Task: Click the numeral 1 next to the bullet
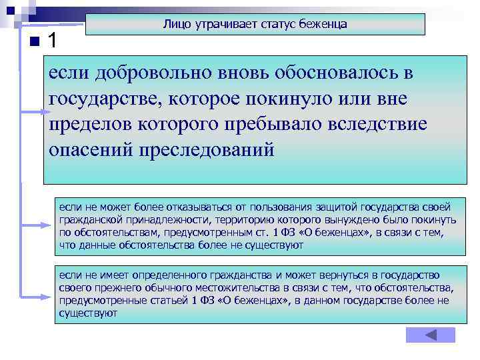54,41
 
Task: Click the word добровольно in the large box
155,73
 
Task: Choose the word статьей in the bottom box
159,301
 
